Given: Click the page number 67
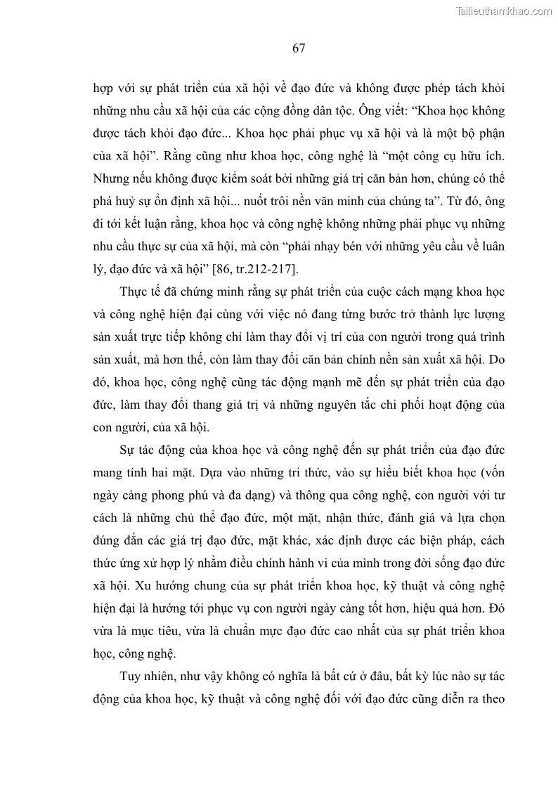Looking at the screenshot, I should click(x=298, y=48).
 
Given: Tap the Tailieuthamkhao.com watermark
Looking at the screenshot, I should click(x=505, y=11).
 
